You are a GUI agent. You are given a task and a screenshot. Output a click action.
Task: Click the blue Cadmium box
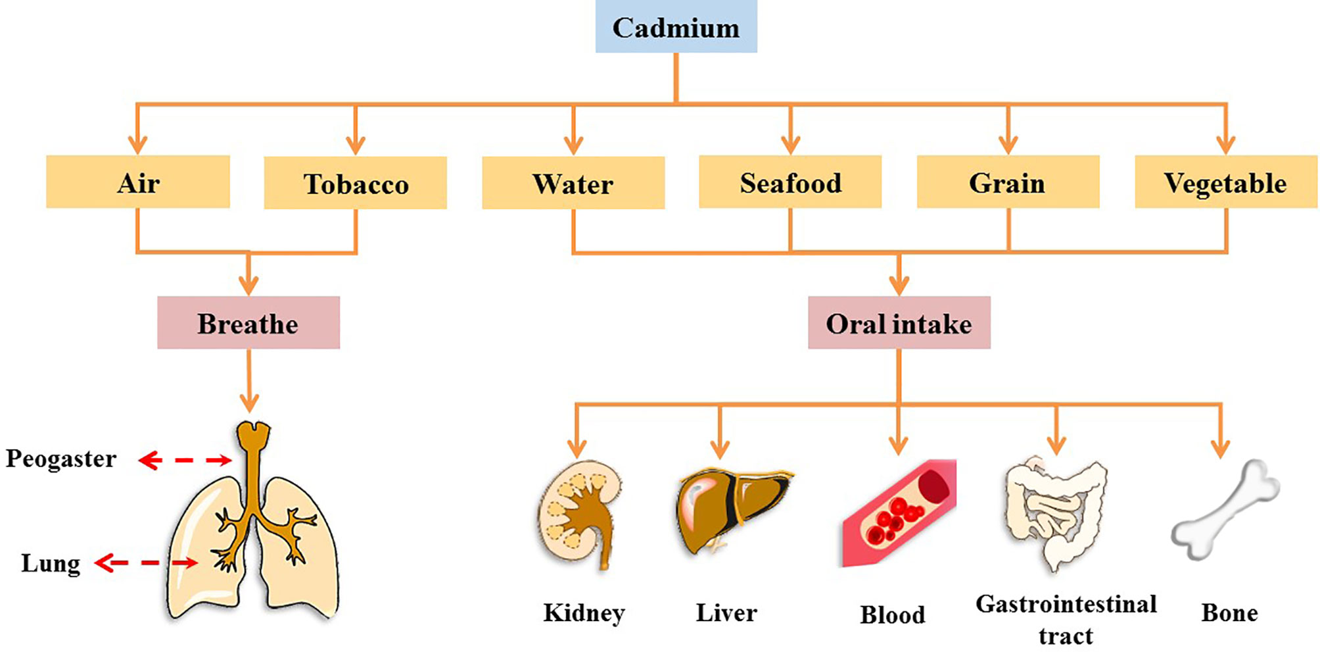pos(676,27)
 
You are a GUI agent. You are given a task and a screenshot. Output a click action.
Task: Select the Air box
pos(138,182)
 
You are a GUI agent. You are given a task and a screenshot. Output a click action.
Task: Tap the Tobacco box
pos(355,183)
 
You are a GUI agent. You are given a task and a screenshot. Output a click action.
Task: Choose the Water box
pos(573,183)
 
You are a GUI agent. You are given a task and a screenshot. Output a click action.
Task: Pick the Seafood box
pos(790,182)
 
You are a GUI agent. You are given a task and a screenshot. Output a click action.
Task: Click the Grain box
pos(1008,182)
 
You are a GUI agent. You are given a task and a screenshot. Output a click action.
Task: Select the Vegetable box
pos(1225,182)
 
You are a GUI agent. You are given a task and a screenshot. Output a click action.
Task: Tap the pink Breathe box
pos(248,322)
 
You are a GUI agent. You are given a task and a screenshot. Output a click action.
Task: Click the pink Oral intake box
pos(899,322)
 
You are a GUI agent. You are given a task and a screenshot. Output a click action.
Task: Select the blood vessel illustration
pos(899,513)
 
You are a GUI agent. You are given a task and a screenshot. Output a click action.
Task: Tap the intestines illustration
pos(1055,513)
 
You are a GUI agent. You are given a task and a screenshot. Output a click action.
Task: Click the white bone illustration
pos(1226,510)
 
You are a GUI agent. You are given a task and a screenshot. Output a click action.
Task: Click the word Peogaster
pos(61,459)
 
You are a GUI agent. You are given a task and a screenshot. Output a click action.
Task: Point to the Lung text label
pos(51,563)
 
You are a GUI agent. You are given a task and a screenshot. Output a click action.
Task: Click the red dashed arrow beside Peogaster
pos(185,460)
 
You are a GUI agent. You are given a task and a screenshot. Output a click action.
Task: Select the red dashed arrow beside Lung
pos(147,563)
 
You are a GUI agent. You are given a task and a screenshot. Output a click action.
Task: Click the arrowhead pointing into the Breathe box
pos(248,286)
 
